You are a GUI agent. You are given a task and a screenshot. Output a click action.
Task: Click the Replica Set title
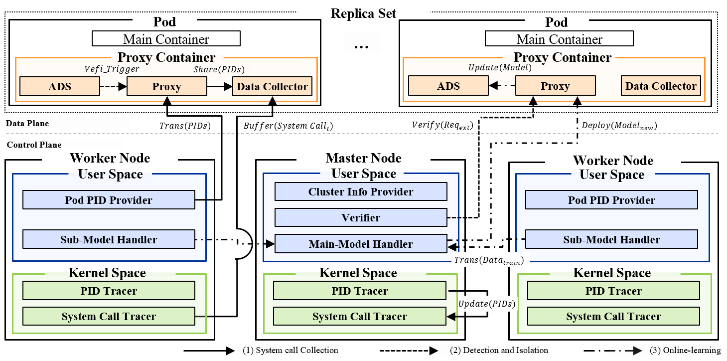pos(363,13)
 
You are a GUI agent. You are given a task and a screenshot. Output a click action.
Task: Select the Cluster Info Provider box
pos(361,191)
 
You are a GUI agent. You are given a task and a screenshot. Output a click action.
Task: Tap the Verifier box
pos(361,218)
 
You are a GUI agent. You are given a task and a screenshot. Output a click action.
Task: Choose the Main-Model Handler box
pos(361,244)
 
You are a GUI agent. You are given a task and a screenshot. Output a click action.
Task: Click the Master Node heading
pos(363,158)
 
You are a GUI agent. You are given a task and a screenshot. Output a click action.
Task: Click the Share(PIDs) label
pos(219,70)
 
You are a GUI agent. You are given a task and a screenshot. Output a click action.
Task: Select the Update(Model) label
pos(500,68)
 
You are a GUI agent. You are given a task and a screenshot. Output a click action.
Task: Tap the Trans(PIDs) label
pos(185,126)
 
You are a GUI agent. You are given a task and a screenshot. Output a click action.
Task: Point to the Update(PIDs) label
pos(486,304)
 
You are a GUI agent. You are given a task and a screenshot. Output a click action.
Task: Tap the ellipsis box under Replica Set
pos(361,43)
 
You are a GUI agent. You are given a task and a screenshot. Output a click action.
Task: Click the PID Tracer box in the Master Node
pos(360,291)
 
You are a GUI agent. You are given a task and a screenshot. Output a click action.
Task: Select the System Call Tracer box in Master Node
pos(360,317)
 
